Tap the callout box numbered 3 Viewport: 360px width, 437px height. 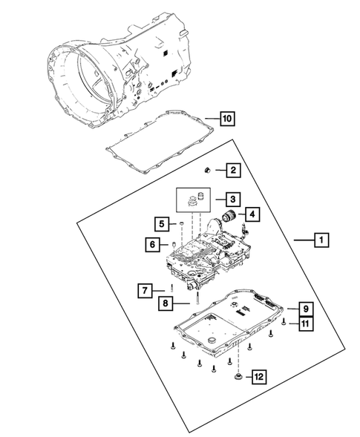tap(233, 199)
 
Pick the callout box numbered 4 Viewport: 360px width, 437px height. tap(252, 215)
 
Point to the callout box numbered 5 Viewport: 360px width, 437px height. tap(161, 223)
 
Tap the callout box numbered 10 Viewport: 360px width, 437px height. tap(229, 118)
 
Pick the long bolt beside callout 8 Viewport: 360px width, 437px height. tap(198, 299)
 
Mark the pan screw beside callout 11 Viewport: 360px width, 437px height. tap(284, 321)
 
